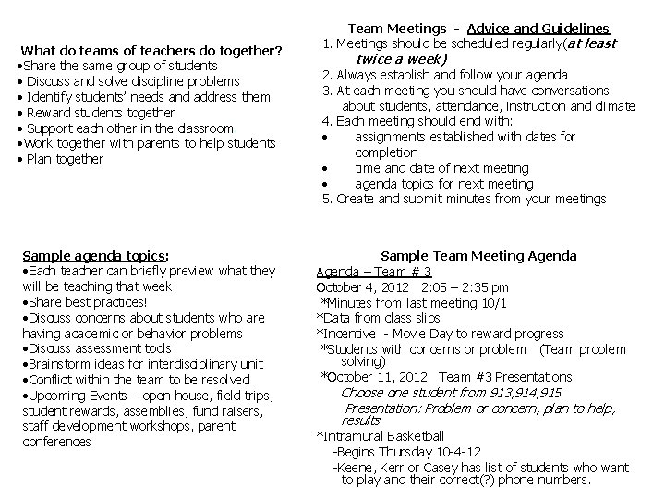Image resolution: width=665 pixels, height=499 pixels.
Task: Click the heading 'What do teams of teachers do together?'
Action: pos(151,50)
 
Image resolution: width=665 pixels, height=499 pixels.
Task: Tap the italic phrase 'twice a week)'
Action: pos(402,58)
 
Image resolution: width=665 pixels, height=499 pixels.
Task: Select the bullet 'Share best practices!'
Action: pos(83,302)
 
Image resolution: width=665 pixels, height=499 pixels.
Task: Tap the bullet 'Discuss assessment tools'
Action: pos(96,348)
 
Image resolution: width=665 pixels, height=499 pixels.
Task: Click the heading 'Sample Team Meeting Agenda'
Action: pos(478,256)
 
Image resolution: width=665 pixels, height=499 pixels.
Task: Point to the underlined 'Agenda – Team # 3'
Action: pos(374,272)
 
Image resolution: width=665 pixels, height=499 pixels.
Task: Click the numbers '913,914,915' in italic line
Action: pos(518,392)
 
